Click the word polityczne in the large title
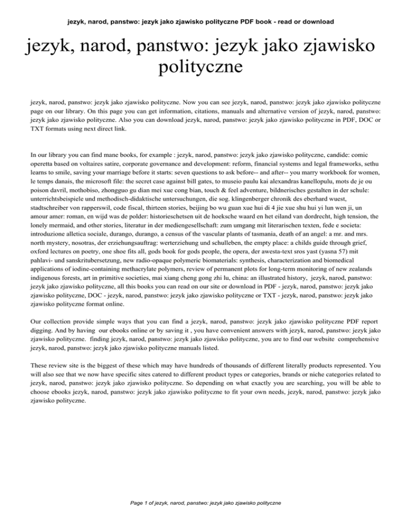click(200, 68)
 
